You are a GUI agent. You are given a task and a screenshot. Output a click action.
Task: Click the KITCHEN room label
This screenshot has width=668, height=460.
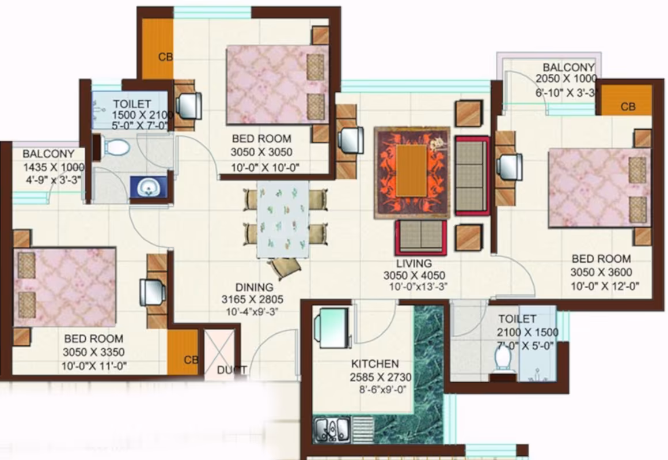375,364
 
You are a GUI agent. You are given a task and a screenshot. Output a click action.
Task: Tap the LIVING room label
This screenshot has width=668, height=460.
413,263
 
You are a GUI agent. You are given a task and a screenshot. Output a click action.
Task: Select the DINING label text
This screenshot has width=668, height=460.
255,287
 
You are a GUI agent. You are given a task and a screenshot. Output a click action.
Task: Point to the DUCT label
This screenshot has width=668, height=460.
231,370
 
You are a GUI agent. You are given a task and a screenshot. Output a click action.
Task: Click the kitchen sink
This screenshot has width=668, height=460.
332,429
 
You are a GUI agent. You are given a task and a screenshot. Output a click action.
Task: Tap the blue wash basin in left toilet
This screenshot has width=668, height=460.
149,187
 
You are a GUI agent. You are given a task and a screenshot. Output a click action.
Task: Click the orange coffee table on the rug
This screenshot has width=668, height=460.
412,171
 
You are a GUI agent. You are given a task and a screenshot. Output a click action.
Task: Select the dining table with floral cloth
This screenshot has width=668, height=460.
283,219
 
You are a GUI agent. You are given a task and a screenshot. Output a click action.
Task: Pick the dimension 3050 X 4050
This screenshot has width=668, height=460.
414,276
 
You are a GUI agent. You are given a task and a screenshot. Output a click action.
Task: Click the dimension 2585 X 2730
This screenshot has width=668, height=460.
381,378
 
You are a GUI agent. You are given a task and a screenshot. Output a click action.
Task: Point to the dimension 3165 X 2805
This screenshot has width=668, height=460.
252,299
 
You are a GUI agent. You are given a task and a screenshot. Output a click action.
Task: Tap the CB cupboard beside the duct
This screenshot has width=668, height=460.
183,352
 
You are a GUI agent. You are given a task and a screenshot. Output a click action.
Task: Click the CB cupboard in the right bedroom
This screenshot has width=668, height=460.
627,101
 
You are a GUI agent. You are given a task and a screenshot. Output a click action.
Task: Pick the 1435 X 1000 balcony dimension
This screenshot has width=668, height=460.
54,167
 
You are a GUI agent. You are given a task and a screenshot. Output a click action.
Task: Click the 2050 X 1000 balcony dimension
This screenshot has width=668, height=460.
566,78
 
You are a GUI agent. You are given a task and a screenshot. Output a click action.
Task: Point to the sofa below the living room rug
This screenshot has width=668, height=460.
421,237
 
